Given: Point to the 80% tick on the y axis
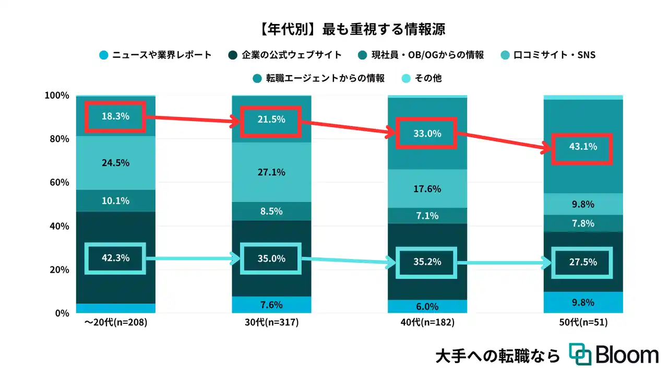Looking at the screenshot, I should (x=58, y=139).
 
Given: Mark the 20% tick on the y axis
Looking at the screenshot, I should (x=58, y=269).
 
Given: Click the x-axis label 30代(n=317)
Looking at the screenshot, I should (x=271, y=323).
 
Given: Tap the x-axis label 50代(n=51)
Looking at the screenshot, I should (x=583, y=323).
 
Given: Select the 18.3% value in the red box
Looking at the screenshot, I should (x=115, y=116).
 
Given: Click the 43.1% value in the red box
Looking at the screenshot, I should (x=583, y=147).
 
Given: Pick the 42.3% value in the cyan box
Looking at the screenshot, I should (x=115, y=257).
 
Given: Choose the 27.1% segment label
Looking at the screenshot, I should (x=271, y=172).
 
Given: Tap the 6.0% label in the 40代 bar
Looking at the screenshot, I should (x=427, y=307).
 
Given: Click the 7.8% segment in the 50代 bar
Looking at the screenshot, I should (x=583, y=223).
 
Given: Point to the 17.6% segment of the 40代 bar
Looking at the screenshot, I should (x=427, y=189).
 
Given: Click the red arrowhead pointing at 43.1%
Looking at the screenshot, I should (x=546, y=149).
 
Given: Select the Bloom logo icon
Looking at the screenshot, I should (x=580, y=355).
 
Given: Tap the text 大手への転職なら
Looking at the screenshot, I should (x=497, y=356).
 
